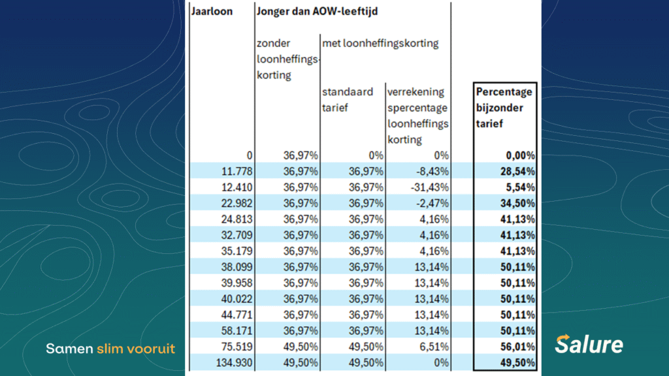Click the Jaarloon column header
coord(212,11)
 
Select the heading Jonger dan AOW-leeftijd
coord(318,11)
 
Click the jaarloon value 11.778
coord(235,171)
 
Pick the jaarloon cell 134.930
coord(232,362)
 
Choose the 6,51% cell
coord(434,346)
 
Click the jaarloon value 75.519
coord(235,346)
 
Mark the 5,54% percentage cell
coord(520,187)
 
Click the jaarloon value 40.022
coord(235,298)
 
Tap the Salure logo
coord(589,344)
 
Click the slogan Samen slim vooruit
coord(110,349)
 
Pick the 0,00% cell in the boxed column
coord(520,155)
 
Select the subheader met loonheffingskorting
coord(380,44)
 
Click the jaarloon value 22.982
coord(235,203)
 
